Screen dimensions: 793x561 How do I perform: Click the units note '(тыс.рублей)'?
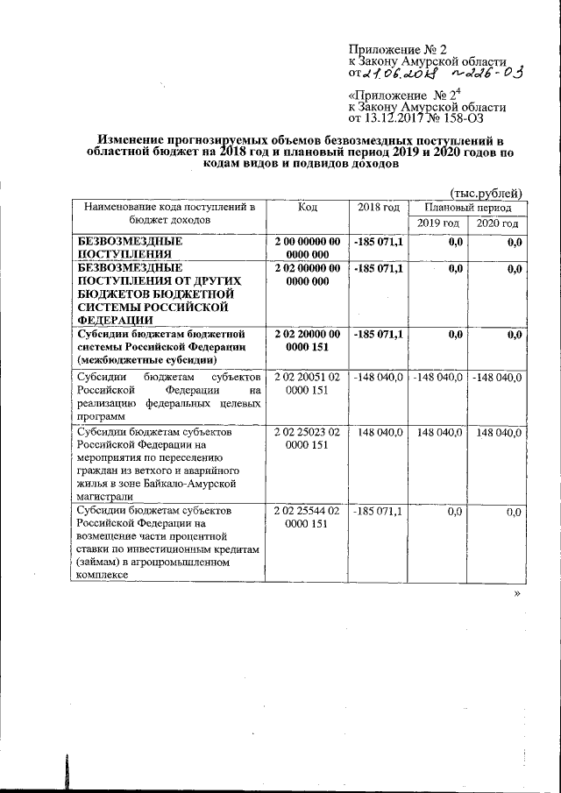click(x=486, y=193)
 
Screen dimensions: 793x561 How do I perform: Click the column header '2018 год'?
click(x=379, y=208)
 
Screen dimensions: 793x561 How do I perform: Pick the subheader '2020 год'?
click(x=497, y=224)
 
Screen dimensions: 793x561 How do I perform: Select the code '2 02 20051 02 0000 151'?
click(x=307, y=384)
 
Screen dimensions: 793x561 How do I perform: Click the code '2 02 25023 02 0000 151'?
click(x=307, y=439)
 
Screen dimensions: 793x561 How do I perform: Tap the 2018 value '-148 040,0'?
click(x=379, y=378)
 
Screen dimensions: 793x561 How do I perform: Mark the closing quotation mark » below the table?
click(x=518, y=593)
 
